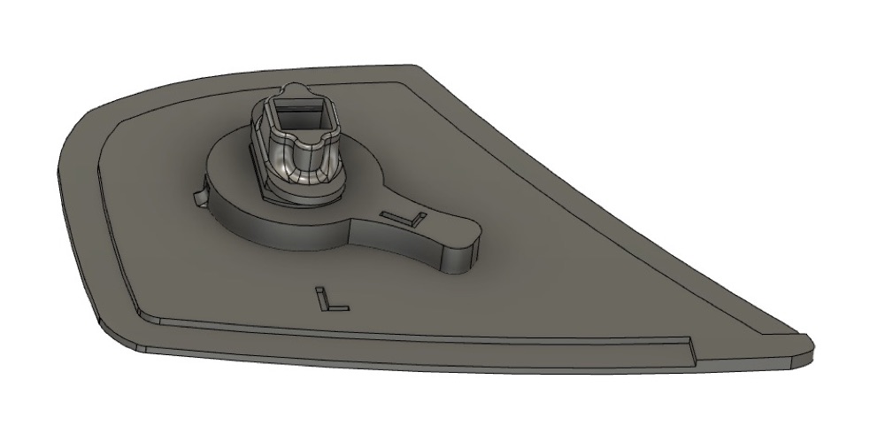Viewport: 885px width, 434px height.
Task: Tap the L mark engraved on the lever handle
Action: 404,218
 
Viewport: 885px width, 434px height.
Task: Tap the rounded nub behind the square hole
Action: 295,90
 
